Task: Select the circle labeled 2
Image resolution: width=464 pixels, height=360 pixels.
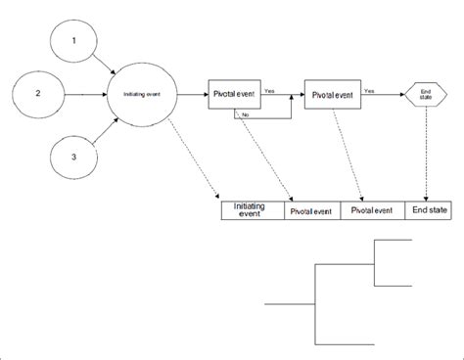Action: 37,94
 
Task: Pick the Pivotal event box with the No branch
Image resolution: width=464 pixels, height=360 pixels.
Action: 236,95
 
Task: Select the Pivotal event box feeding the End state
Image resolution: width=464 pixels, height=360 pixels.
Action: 332,95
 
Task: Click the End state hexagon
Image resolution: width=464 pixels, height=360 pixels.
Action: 425,95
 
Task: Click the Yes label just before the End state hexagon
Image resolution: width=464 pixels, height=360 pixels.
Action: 369,89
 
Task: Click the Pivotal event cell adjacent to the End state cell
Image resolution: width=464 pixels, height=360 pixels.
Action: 373,209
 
